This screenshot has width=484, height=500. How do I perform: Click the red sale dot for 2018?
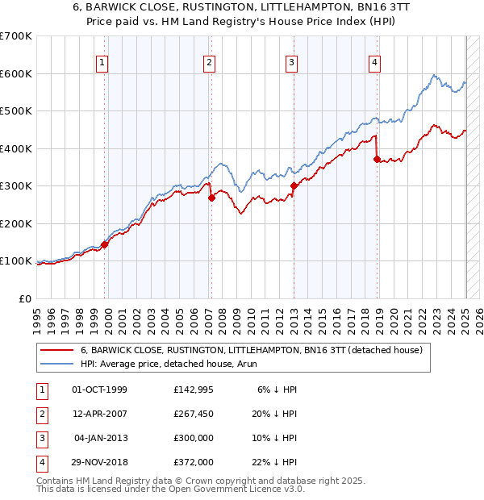click(377, 160)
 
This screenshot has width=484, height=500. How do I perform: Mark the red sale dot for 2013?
click(294, 186)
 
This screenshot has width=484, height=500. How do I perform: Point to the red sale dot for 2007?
click(211, 198)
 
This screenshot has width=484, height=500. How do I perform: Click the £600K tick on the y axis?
click(17, 73)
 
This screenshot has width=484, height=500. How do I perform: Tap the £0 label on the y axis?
click(24, 298)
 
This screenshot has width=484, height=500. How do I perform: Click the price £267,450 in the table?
click(193, 413)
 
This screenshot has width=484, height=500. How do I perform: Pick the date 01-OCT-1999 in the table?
click(99, 389)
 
